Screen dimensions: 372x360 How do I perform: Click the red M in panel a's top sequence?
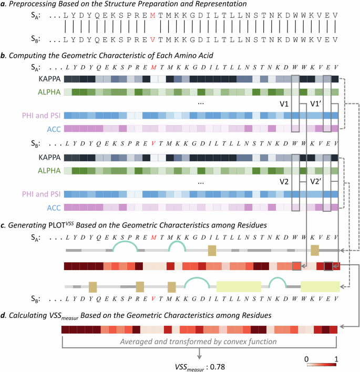152,16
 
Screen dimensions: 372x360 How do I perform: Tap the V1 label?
285,104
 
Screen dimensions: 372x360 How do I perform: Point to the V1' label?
316,104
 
